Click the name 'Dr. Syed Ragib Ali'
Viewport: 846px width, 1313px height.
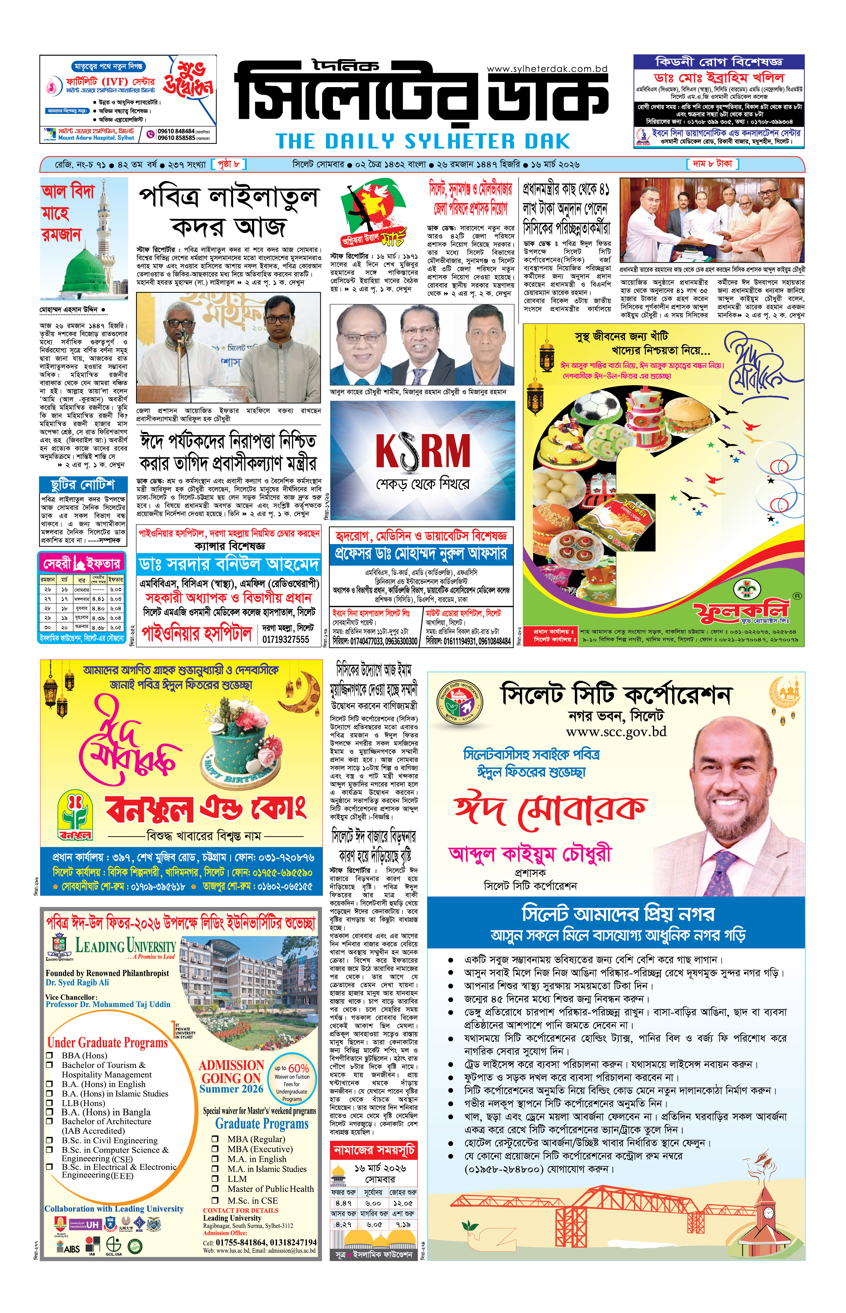click(77, 983)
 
